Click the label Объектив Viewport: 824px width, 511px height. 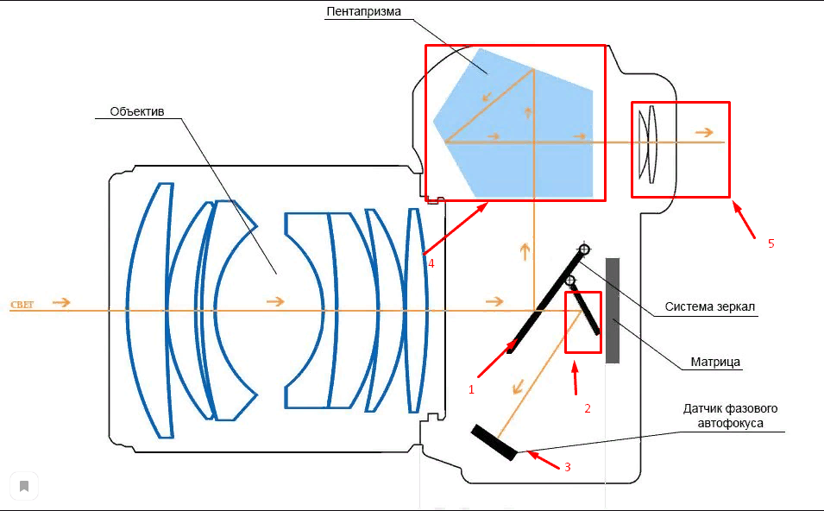coord(137,111)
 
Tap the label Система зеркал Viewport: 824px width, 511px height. coord(711,306)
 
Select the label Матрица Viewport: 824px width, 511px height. coord(716,362)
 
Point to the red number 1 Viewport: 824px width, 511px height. coord(471,389)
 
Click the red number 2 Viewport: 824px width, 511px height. coord(588,408)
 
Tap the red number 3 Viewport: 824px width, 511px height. coord(567,467)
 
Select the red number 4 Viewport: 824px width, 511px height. coord(430,262)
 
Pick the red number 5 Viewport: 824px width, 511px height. coord(771,243)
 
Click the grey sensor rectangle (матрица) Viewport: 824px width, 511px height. coord(613,310)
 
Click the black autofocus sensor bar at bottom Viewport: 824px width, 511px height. coord(494,442)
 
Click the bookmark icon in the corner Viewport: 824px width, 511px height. coord(24,486)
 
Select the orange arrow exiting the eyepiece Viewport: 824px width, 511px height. coord(705,132)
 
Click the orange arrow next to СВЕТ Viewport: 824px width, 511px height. coord(61,302)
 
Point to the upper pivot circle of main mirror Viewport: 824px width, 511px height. coord(584,249)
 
